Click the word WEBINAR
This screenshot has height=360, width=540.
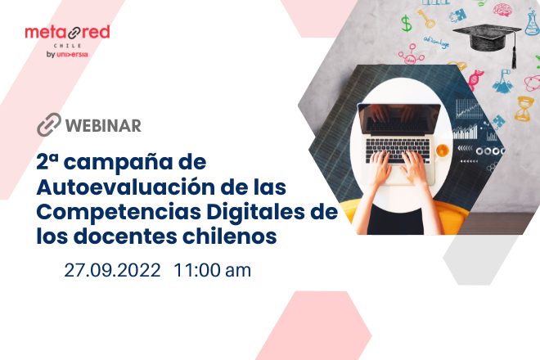click(x=102, y=125)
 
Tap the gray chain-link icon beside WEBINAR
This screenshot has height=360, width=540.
click(x=48, y=125)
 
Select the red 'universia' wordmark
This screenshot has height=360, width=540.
click(x=73, y=55)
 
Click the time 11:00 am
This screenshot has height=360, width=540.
click(x=212, y=271)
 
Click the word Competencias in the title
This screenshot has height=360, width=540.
click(x=110, y=212)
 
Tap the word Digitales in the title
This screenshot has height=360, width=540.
click(x=241, y=212)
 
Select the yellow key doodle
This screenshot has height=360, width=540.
click(x=426, y=17)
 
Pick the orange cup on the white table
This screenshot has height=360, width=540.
click(x=442, y=150)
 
